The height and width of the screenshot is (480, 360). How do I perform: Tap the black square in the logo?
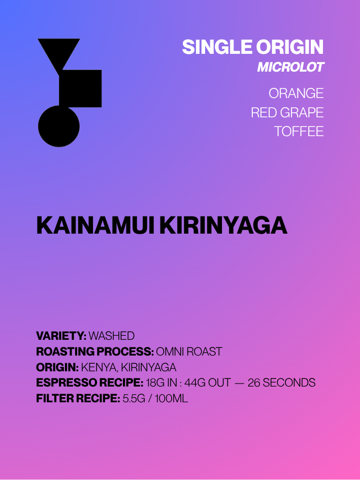tap(80, 88)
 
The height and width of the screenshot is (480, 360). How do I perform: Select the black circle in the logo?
tap(59, 126)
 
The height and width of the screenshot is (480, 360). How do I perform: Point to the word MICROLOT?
tap(290, 68)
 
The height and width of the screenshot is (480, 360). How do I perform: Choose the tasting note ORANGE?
tap(296, 93)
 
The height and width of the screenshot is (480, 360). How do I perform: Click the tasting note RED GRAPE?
tap(287, 113)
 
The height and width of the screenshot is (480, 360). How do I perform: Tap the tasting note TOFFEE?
tap(299, 132)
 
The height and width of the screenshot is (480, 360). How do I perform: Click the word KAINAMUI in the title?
tap(95, 226)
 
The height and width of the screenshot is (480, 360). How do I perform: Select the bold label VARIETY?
tap(61, 336)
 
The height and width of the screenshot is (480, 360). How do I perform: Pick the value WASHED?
tap(111, 336)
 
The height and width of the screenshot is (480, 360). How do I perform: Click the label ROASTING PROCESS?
tap(95, 351)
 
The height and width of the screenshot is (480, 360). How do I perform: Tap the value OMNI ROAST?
tap(189, 351)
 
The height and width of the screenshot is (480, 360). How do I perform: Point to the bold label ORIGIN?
tap(57, 367)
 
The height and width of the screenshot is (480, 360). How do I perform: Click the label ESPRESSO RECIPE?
tap(90, 383)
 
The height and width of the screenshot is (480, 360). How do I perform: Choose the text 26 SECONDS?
tap(281, 383)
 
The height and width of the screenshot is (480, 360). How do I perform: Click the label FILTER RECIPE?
tap(78, 399)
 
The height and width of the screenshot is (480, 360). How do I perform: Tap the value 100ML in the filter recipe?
tap(171, 399)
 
